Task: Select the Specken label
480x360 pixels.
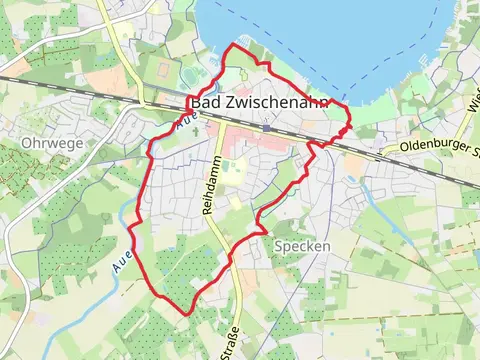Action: click(301, 245)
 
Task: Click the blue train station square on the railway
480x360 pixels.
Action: click(268, 128)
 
